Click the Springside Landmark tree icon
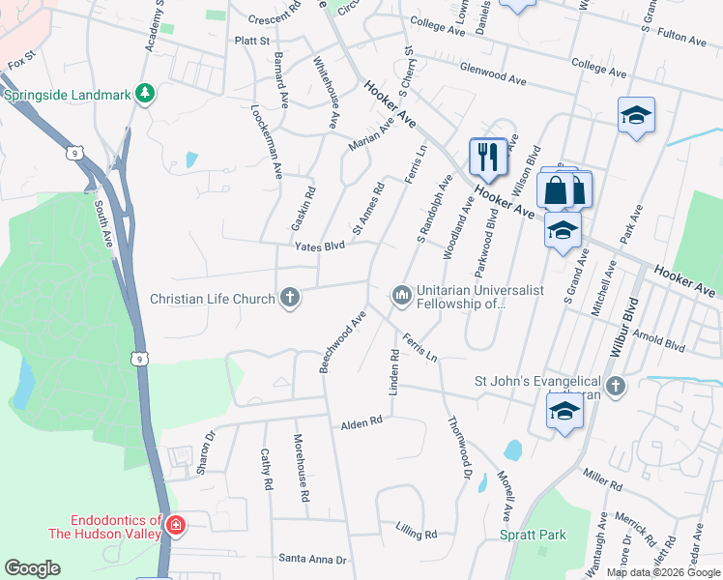pyautogui.click(x=146, y=94)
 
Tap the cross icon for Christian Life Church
pyautogui.click(x=288, y=298)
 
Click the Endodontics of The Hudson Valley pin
pyautogui.click(x=175, y=526)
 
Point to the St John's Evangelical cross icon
pyautogui.click(x=616, y=387)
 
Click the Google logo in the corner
pyautogui.click(x=32, y=568)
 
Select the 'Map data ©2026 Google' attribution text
pyautogui.click(x=664, y=572)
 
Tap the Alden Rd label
pyautogui.click(x=361, y=422)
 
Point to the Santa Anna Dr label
pyautogui.click(x=311, y=559)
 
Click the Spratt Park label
pyautogui.click(x=533, y=535)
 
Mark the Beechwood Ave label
pyautogui.click(x=342, y=341)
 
